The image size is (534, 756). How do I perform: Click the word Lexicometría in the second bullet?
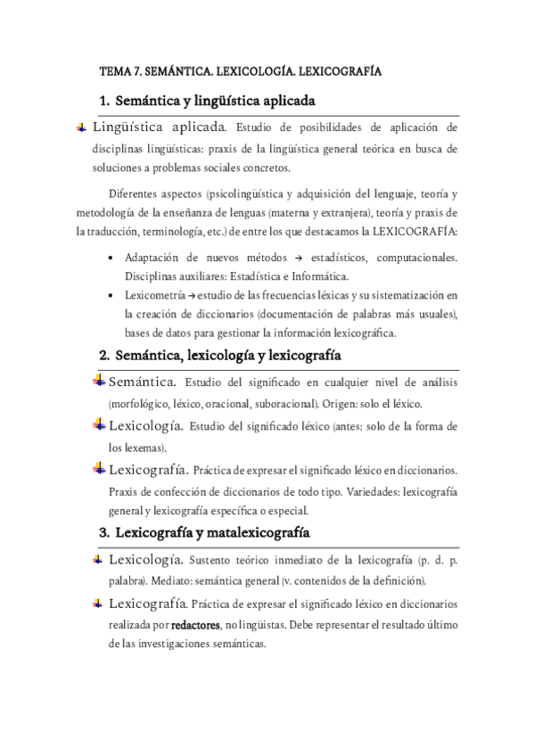click(152, 293)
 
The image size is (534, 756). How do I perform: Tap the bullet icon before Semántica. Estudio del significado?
click(99, 382)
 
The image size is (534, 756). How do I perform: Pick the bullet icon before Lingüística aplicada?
click(82, 127)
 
